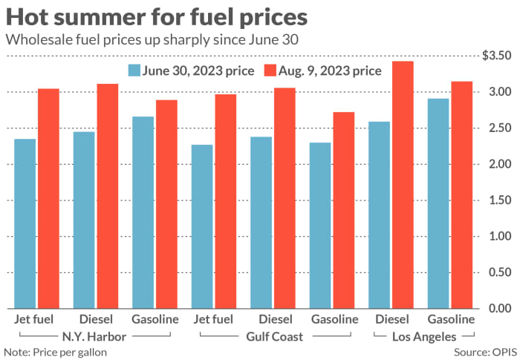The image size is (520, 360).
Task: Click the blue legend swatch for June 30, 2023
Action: [x=134, y=71]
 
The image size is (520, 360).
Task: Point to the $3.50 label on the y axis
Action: [x=496, y=56]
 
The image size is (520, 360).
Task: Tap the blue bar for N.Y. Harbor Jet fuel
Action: [x=25, y=223]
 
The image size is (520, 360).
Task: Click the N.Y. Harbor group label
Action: [x=95, y=336]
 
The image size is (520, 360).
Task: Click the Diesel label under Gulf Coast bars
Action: [x=273, y=320]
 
